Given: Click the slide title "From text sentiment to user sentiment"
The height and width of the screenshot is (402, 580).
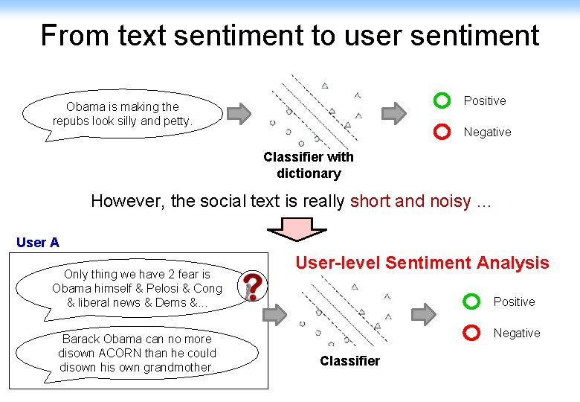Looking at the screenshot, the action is click(x=289, y=35).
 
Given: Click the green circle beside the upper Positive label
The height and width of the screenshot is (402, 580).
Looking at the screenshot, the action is click(x=442, y=100).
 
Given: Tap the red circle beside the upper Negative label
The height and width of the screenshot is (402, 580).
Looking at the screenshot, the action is click(x=442, y=131).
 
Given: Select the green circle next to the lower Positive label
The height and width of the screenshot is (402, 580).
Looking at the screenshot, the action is click(x=471, y=301).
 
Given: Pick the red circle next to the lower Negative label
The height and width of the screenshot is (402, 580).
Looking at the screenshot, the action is click(x=471, y=332).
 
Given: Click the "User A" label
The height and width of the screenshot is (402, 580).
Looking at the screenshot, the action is click(x=37, y=243).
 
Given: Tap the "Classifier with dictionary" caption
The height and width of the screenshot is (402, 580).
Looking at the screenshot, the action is click(x=309, y=165).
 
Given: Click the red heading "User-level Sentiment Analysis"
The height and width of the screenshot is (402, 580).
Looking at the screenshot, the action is click(x=422, y=263).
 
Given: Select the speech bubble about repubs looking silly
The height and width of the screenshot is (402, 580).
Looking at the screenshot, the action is click(x=123, y=114).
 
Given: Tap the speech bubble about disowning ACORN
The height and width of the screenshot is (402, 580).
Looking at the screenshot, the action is click(x=137, y=353).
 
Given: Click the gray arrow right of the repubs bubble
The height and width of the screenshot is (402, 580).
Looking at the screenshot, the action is click(x=239, y=114).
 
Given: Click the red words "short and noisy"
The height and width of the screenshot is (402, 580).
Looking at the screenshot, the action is click(x=410, y=201).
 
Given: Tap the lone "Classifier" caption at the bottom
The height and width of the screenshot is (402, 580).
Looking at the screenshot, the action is click(x=349, y=361).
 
